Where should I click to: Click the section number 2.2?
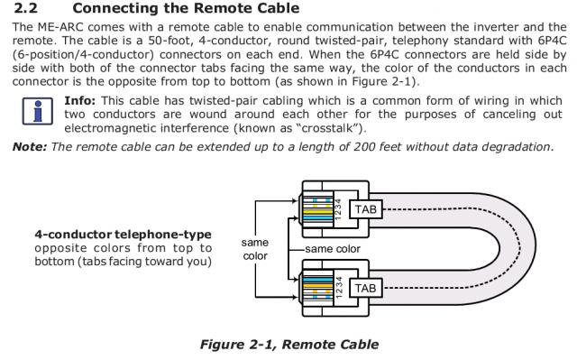pos(25,8)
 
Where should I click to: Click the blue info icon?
pos(38,111)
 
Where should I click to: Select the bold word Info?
pos(80,100)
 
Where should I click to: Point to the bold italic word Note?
pos(30,146)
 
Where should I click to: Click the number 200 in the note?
pos(365,146)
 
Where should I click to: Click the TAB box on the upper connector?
pos(366,209)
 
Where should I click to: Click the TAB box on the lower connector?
pos(366,288)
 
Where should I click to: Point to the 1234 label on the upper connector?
pos(339,209)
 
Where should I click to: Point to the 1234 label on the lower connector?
pos(339,288)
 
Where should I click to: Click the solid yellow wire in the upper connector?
pos(318,212)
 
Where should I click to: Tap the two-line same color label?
pos(255,249)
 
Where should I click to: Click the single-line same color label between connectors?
pos(333,249)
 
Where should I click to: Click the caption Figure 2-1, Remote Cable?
pos(289,345)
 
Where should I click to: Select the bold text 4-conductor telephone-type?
pos(124,235)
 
